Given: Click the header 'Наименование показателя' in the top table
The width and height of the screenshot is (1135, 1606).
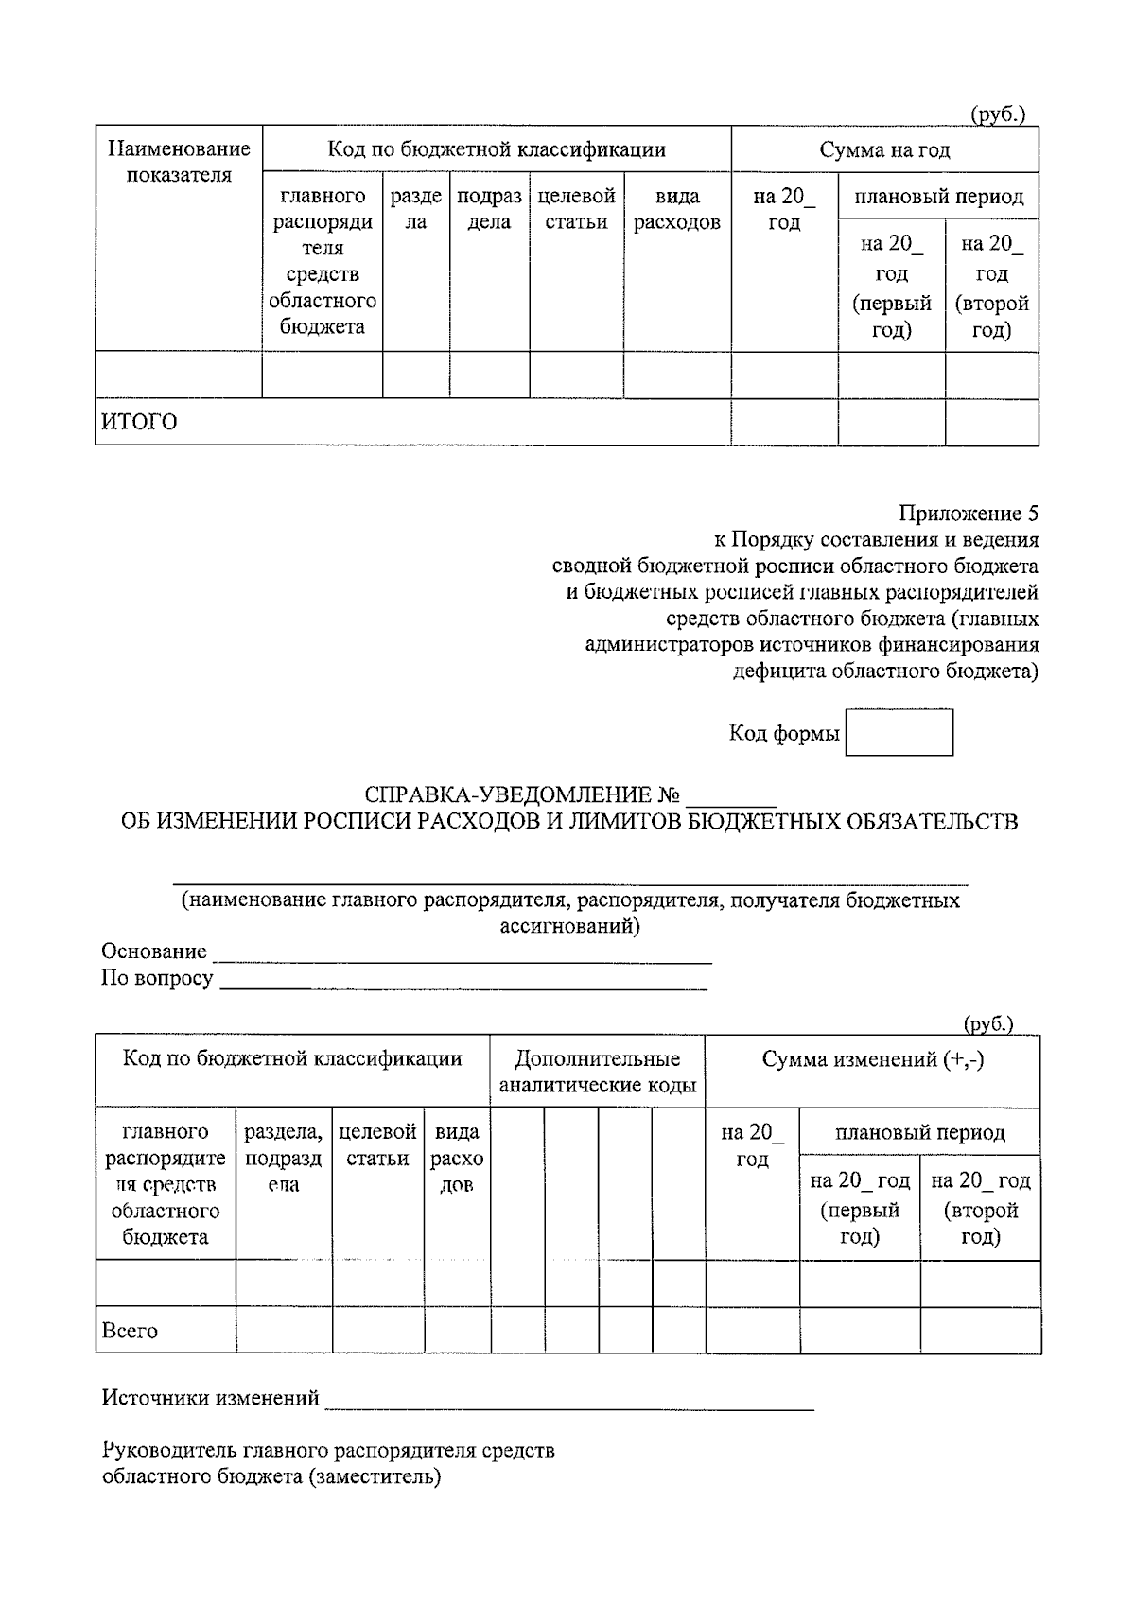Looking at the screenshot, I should point(179,162).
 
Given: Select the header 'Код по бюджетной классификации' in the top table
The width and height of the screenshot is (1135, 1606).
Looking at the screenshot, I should point(497,149).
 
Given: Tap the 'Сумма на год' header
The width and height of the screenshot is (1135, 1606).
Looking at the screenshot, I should point(884,149).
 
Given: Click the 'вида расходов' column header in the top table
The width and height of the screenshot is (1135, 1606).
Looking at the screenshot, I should point(677,209).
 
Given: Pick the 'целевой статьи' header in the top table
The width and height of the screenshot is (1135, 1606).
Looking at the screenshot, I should point(576,209).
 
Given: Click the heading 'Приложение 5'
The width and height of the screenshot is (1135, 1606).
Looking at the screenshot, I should point(968,514).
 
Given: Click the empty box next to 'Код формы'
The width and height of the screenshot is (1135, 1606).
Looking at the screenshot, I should point(899,733).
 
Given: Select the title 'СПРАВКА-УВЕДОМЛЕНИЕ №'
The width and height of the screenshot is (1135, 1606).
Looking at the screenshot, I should point(522,794).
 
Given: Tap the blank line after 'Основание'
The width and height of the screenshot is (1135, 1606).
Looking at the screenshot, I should point(462,953).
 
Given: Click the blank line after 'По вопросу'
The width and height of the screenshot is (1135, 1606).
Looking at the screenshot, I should point(463,980).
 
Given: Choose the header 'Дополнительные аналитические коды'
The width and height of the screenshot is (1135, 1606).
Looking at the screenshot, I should point(597,1072).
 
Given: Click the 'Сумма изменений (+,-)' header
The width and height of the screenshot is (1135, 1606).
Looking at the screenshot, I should point(872,1059).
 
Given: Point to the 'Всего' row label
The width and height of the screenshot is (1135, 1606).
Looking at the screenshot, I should point(131,1331).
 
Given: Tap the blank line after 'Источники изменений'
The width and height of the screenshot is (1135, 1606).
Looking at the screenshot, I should point(567,1400).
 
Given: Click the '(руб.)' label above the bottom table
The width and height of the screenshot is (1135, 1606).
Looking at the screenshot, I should point(987,1023).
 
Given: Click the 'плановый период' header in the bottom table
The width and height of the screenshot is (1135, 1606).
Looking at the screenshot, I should point(919,1132).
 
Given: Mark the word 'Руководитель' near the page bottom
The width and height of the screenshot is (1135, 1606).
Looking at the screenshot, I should point(169,1450).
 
